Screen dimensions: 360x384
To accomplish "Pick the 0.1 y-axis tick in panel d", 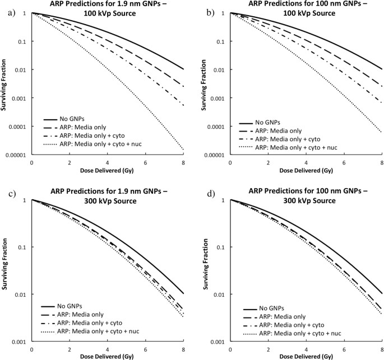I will coord(221,247).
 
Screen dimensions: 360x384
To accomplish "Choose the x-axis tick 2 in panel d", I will coord(268,349).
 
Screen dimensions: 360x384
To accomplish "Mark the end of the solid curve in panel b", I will coord(381,69).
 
